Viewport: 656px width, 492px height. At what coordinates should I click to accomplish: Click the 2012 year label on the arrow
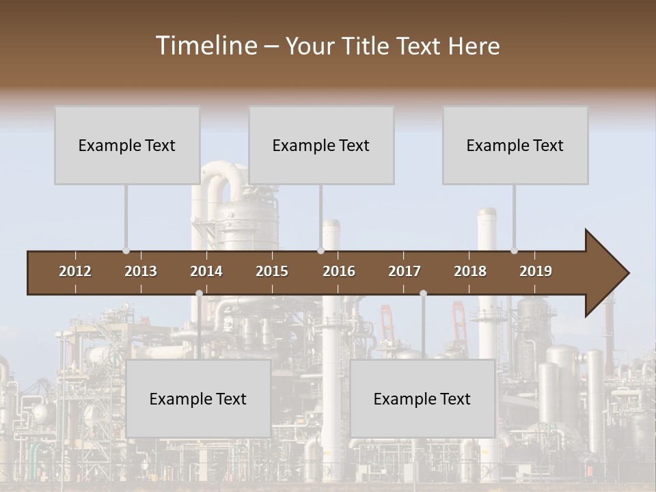pos(75,271)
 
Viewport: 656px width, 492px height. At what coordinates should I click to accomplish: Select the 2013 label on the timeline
pos(141,271)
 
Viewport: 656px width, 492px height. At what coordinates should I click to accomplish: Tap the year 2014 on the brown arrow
pos(206,271)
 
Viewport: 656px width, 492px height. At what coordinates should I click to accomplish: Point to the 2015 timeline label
pos(272,271)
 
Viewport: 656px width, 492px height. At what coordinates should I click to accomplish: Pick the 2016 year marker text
pos(339,271)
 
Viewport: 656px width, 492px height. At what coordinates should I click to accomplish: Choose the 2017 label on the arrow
pos(405,271)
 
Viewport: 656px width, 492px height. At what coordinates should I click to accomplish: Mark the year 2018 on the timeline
pos(470,271)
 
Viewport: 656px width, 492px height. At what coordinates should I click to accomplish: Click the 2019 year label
pos(536,271)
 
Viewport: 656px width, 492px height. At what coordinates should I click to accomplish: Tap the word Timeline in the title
pos(205,46)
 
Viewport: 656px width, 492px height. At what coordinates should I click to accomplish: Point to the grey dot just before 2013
pos(126,251)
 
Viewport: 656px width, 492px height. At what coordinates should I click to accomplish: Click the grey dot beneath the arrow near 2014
pos(199,293)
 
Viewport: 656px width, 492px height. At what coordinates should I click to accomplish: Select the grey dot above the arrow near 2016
pos(320,251)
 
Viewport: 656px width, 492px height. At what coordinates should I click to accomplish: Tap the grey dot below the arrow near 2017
pos(423,293)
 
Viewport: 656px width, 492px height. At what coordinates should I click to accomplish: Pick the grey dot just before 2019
pos(514,251)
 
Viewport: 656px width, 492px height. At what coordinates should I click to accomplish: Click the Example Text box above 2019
pos(515,146)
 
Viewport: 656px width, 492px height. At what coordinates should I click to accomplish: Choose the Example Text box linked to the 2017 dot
pos(422,399)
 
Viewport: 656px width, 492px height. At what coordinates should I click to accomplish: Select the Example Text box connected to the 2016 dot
pos(321,146)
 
